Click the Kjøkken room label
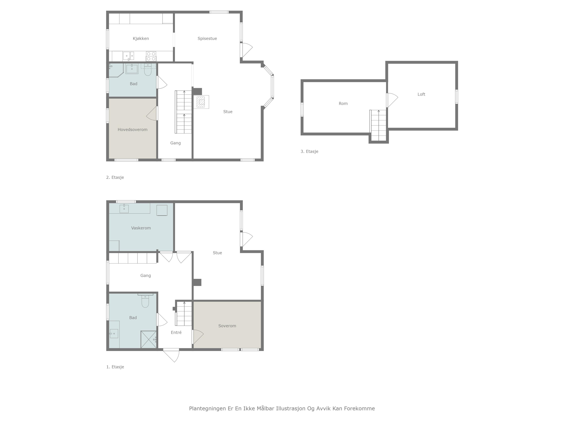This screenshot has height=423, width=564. [x=141, y=38]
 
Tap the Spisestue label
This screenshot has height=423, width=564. [x=207, y=38]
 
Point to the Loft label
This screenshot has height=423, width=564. [x=421, y=94]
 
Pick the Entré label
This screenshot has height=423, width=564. [x=176, y=333]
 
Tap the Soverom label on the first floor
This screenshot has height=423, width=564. [x=227, y=326]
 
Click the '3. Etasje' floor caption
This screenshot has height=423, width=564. [x=309, y=151]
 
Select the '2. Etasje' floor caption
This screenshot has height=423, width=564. [x=115, y=177]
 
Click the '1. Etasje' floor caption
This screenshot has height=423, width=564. [x=115, y=367]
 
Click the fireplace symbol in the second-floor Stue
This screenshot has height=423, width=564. [x=201, y=102]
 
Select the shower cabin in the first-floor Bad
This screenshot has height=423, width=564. [x=148, y=339]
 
